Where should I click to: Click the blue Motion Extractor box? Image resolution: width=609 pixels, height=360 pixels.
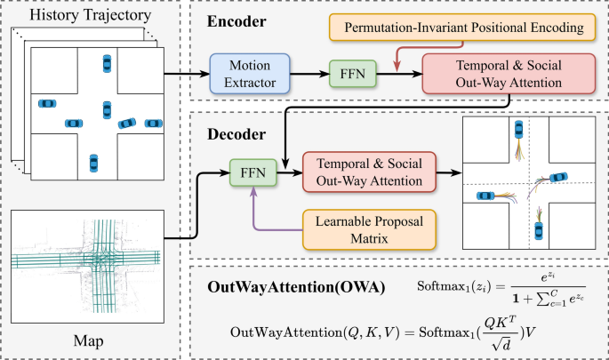coord(250,74)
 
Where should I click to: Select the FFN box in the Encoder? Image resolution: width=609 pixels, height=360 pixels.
coord(353,74)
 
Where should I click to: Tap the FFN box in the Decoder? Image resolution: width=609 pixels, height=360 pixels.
coord(253,172)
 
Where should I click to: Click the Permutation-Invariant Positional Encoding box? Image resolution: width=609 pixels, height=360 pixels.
coord(462,28)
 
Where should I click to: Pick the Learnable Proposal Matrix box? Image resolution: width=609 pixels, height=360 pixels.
coord(369,229)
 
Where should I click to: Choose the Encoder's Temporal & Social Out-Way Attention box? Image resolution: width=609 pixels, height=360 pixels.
coord(509,74)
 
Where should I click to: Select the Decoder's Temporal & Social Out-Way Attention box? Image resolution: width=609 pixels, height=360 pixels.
coord(369,172)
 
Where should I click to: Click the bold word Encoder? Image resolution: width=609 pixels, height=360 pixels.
coord(236,21)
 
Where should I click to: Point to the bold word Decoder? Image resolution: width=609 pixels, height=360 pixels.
coord(236,134)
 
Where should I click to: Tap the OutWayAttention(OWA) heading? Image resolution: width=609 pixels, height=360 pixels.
coord(296,287)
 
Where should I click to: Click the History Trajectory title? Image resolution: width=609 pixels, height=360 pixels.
coord(90,15)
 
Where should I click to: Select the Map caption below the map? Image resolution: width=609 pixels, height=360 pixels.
coord(89,340)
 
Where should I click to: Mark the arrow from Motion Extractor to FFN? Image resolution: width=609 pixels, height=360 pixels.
coord(309,74)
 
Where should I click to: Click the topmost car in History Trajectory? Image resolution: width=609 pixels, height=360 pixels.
coord(107,63)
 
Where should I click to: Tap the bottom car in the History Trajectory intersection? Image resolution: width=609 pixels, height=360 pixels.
coord(93,163)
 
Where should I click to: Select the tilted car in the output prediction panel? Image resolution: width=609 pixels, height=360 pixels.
coord(558,178)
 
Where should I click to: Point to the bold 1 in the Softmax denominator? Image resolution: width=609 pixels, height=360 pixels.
coord(516,299)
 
